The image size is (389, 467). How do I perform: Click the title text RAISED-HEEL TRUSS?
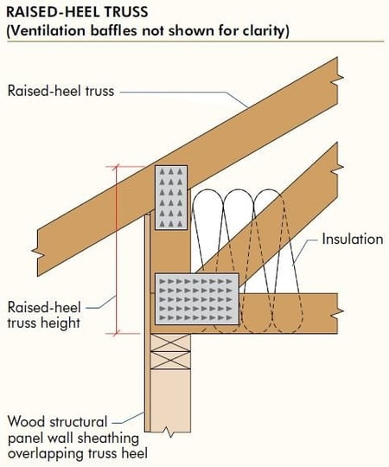77,12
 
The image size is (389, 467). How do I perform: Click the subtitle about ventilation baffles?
148,30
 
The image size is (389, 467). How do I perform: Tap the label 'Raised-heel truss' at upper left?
61,91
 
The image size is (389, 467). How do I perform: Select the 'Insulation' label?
353,240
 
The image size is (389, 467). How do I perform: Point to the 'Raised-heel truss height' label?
44,315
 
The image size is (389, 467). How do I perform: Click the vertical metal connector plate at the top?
171,197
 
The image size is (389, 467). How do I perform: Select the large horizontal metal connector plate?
197,298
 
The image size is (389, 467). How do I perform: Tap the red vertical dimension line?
117,250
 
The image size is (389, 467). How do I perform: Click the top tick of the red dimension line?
117,167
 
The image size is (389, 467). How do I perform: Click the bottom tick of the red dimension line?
117,334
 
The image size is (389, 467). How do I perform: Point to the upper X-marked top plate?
170,342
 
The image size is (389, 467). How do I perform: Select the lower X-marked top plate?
170,361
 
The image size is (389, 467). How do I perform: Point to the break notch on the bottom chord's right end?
340,311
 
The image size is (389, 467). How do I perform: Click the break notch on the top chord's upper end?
340,79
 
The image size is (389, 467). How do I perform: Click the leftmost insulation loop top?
207,191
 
